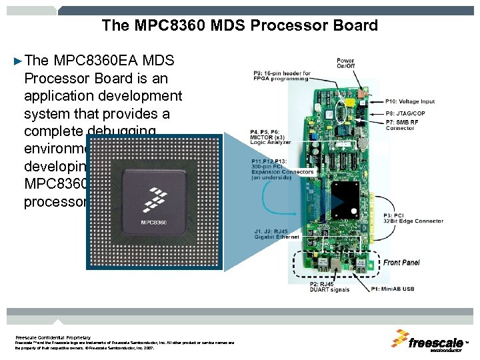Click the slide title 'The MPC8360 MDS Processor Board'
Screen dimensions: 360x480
[240, 26]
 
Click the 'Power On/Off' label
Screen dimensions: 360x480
[345, 63]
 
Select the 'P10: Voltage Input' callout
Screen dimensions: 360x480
[410, 101]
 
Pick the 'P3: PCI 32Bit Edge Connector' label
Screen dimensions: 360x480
[413, 218]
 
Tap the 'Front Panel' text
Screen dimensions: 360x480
[401, 263]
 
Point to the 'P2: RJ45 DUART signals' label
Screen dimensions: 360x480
[330, 287]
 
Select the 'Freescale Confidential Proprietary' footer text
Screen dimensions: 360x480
[53, 337]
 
